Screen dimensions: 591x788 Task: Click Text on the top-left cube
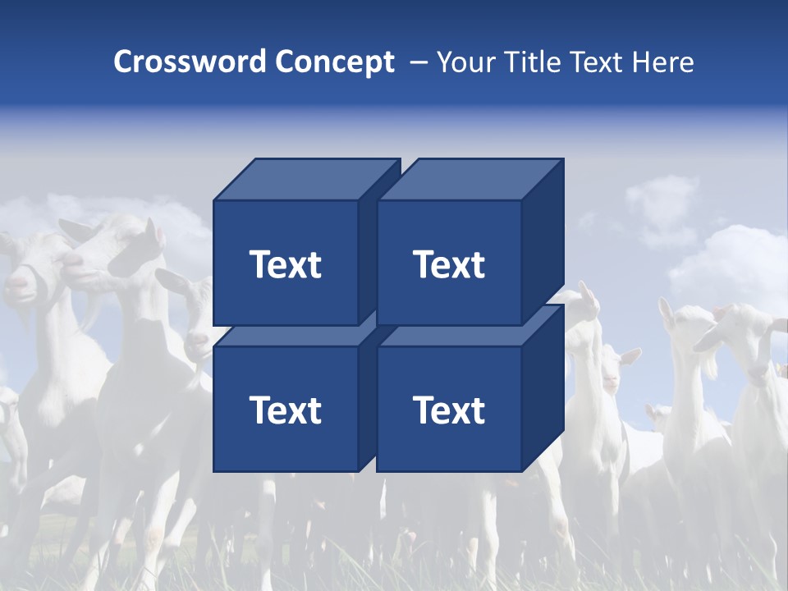pos(285,264)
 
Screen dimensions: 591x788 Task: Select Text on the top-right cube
pos(448,264)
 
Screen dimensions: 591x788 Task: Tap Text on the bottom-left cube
pos(285,410)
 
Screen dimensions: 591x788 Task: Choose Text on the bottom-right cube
pos(448,410)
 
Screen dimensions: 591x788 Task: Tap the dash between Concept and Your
pos(417,62)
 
